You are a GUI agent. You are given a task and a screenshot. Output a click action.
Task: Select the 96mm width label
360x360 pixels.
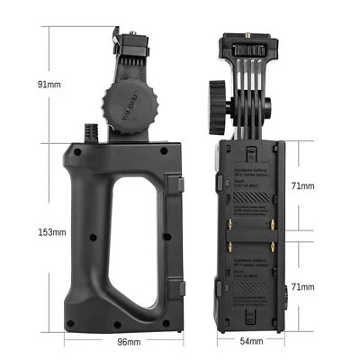click(x=130, y=342)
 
